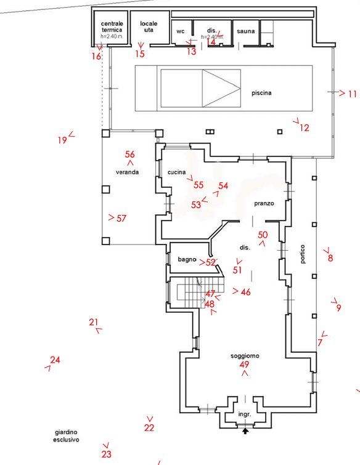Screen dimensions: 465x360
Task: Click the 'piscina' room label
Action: click(261, 93)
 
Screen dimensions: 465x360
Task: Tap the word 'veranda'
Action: click(127, 172)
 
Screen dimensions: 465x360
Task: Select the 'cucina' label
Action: click(176, 172)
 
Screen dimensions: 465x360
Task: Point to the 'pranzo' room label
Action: click(264, 203)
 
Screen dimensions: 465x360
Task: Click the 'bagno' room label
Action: click(187, 260)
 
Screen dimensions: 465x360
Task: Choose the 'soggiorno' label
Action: click(245, 356)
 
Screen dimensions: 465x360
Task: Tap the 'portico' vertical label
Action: click(303, 255)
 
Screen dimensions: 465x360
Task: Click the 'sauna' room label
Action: click(246, 31)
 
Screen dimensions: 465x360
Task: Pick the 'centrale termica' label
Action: click(112, 26)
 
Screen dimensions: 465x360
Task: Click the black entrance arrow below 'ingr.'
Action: click(245, 432)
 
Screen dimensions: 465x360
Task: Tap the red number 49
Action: click(244, 365)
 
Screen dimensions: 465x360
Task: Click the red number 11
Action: click(352, 94)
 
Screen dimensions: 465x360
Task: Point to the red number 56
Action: click(129, 155)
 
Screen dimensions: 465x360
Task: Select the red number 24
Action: click(55, 360)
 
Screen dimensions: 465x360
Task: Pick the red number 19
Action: click(62, 140)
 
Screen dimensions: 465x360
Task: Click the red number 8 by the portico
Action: click(330, 258)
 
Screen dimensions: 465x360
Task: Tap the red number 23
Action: click(106, 455)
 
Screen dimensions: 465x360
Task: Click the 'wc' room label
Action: click(181, 31)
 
